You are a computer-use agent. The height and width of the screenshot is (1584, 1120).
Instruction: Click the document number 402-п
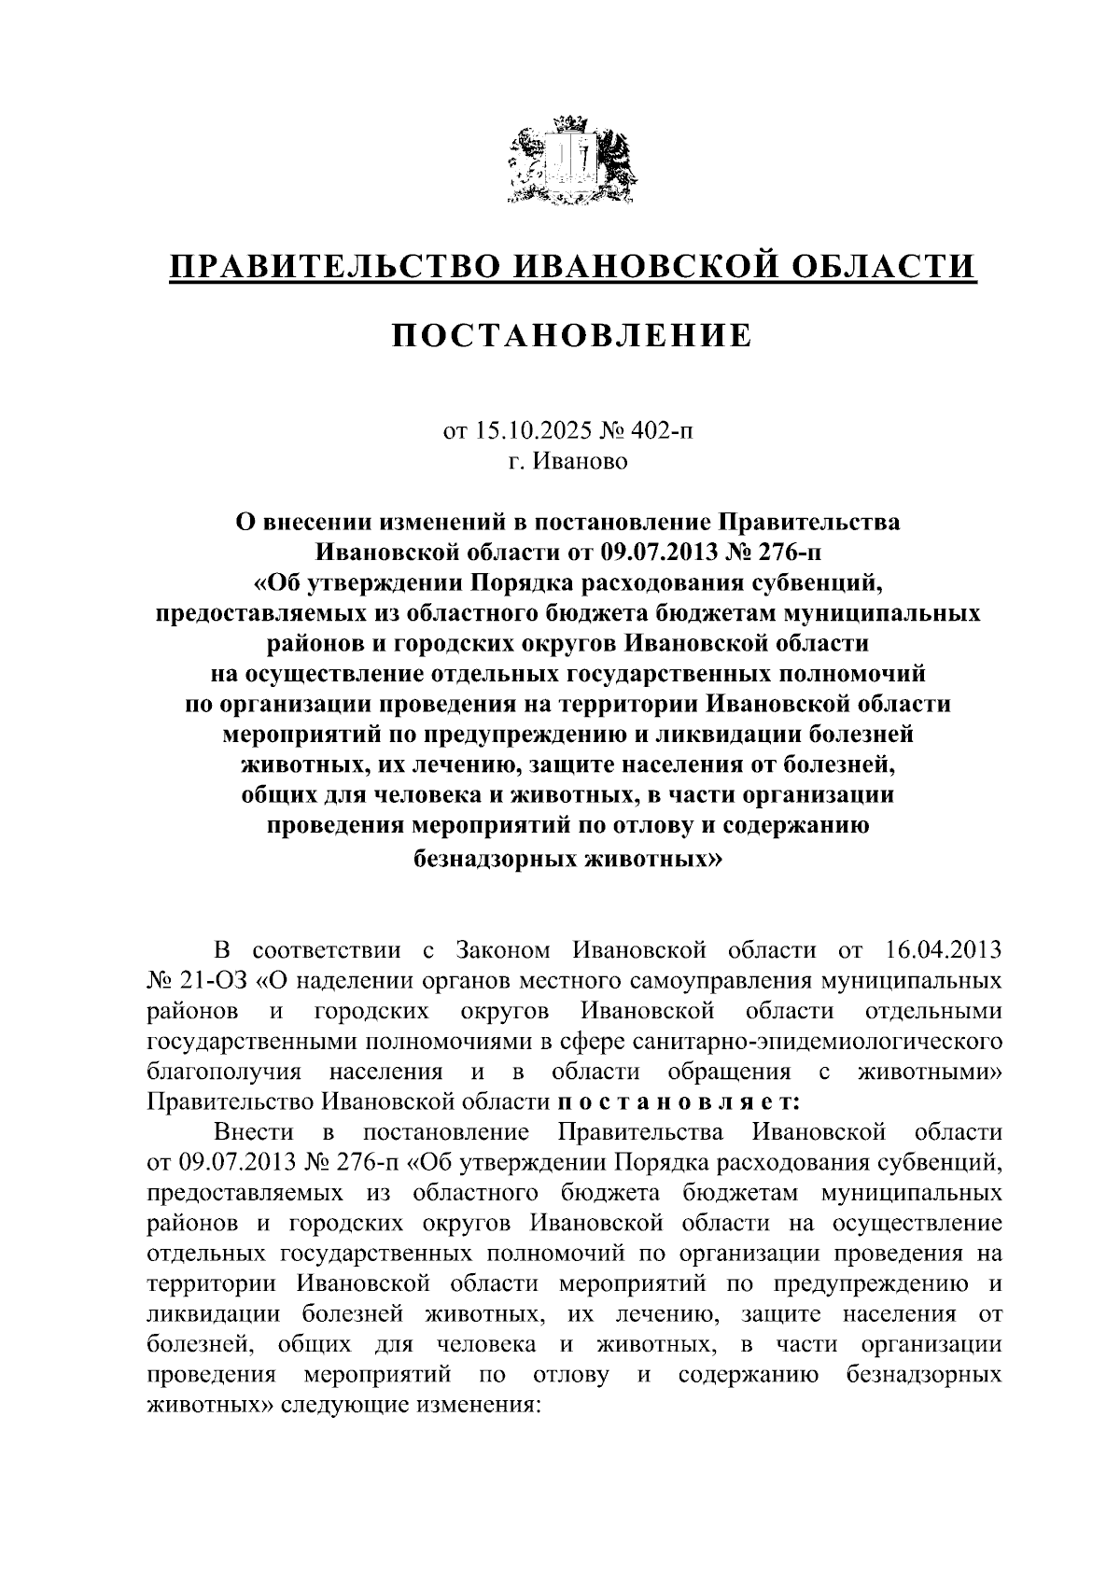(x=665, y=430)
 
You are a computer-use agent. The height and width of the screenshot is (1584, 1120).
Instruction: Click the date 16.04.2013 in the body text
(x=941, y=951)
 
